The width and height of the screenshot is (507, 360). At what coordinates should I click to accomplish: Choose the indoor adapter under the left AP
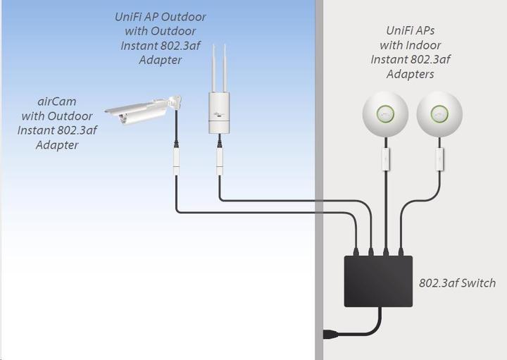coord(385,159)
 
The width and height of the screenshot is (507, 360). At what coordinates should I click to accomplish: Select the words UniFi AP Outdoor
coord(160,17)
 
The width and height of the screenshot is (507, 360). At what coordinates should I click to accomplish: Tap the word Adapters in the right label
coord(410,74)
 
